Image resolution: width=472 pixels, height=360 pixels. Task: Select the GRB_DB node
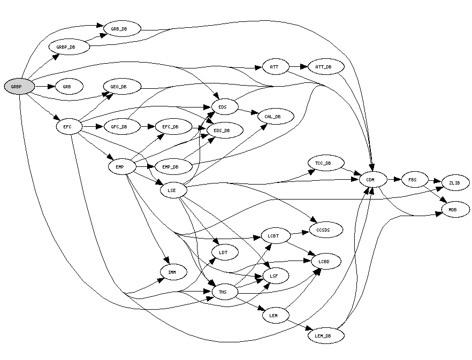(122, 28)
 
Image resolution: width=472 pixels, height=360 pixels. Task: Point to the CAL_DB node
(276, 116)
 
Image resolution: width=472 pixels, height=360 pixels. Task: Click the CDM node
(370, 180)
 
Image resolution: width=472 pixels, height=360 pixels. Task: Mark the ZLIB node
(455, 183)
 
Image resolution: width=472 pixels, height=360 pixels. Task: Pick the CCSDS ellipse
(324, 229)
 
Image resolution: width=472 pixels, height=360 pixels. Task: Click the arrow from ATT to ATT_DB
(299, 67)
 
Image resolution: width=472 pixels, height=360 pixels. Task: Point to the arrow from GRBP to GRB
(45, 86)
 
